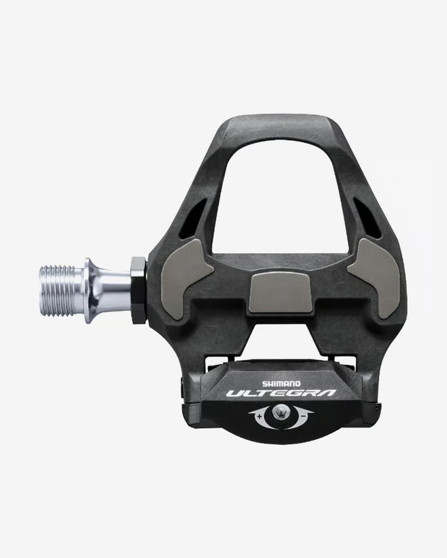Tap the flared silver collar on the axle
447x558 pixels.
pos(91,290)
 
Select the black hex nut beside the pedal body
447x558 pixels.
pos(138,290)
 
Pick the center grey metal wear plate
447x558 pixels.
pos(280,292)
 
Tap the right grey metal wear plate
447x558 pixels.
pos(376,276)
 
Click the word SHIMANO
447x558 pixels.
pos(284,384)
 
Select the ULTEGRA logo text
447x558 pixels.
pos(281,394)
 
